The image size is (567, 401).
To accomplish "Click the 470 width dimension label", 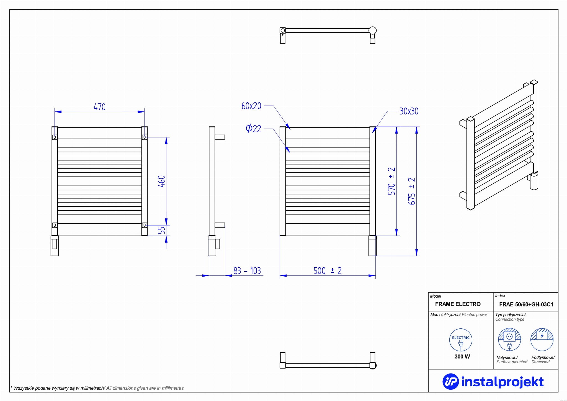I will [100, 107].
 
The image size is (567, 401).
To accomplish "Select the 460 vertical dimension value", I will [162, 181].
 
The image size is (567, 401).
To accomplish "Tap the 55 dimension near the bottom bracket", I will [161, 230].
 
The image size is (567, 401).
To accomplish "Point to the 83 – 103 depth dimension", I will [247, 271].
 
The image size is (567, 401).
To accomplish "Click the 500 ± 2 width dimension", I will [328, 271].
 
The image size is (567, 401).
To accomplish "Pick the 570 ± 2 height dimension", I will [391, 181].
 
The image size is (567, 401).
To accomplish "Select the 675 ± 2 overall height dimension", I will [412, 191].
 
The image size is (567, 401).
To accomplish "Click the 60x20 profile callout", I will [251, 106].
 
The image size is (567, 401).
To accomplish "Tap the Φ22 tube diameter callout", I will [253, 129].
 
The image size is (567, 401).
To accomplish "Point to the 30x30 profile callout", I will [409, 111].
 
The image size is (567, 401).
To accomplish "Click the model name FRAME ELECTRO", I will [458, 304].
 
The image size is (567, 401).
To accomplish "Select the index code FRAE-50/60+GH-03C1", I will [526, 304].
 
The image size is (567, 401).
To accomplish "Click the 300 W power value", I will [462, 357].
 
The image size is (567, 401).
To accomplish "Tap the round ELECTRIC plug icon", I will [461, 340].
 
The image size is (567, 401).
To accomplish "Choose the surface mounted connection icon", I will [509, 340].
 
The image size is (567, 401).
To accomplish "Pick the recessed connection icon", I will [542, 340].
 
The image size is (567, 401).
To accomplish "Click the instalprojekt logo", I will [493, 382].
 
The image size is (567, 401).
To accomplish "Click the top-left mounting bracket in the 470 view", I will [55, 137].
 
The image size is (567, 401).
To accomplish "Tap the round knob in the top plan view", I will [373, 30].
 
